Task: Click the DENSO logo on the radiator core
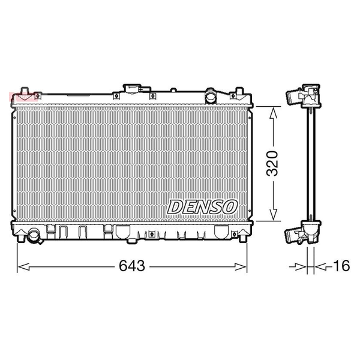click(x=202, y=207)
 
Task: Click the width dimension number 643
click(x=132, y=266)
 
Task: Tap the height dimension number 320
click(x=272, y=163)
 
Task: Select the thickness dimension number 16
click(x=341, y=266)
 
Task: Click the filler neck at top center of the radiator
click(x=132, y=89)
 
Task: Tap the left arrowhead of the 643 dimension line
click(x=23, y=267)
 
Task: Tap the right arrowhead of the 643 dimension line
click(x=241, y=267)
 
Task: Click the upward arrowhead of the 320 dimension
click(x=273, y=113)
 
